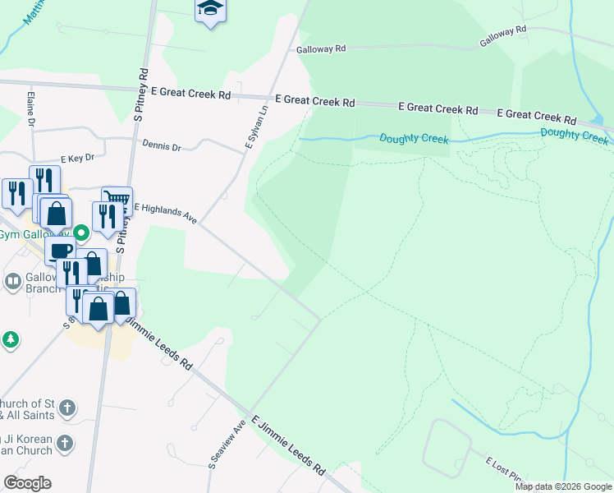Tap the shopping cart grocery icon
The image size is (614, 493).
117,199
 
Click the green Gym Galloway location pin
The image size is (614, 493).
80,233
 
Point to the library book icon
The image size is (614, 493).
12,282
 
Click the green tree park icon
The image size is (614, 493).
9,339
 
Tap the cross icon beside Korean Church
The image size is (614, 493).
66,444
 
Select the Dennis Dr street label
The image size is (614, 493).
161,146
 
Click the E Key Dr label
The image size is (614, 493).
77,158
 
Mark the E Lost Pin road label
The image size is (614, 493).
502,469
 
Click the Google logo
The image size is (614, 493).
27,483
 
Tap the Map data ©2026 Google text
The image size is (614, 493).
563,486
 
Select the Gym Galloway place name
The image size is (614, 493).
33,235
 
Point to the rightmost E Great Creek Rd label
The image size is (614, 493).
537,115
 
